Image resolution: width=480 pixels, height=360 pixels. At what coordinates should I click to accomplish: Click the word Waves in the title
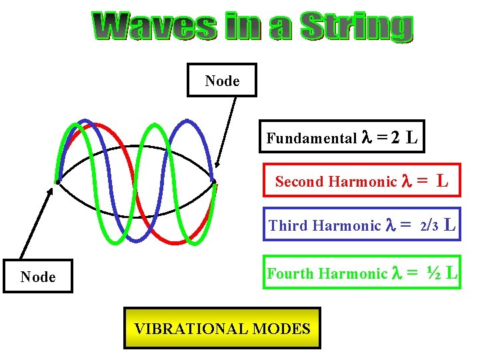[154, 27]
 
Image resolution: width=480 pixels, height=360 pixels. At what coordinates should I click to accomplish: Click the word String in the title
[356, 27]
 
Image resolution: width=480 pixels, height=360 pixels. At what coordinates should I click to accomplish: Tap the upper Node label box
[222, 81]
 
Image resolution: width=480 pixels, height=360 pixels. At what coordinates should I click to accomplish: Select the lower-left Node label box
[38, 277]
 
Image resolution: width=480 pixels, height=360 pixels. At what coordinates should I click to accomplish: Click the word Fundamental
[311, 139]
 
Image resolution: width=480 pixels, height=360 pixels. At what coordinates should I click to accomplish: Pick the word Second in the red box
[299, 181]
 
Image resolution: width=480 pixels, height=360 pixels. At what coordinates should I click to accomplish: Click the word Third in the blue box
[286, 226]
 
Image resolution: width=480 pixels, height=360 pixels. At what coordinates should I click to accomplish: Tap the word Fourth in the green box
[291, 273]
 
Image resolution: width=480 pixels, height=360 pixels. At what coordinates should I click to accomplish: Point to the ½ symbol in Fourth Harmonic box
[434, 273]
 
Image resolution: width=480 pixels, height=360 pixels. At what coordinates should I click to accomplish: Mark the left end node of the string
[58, 181]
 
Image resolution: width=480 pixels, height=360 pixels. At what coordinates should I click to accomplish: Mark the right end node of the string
[213, 181]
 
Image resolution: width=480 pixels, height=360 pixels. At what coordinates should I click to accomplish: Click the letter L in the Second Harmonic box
[442, 181]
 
